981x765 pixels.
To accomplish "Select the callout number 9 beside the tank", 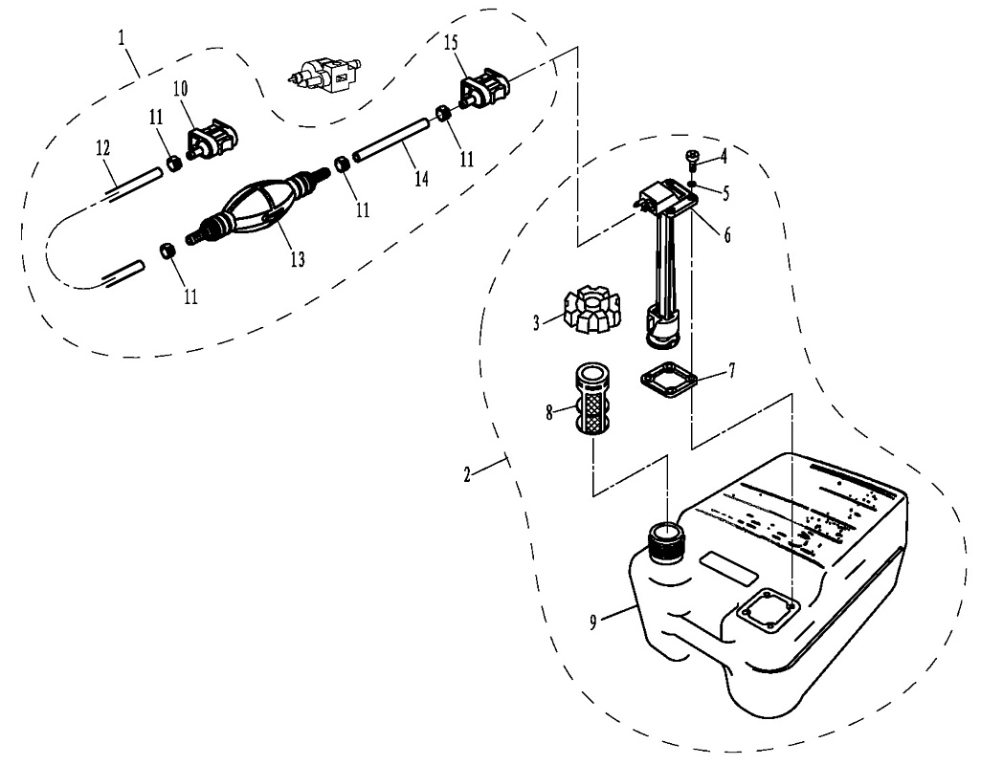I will tap(594, 622).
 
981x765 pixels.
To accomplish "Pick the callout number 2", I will tap(467, 475).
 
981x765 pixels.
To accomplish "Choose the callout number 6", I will tap(726, 234).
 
